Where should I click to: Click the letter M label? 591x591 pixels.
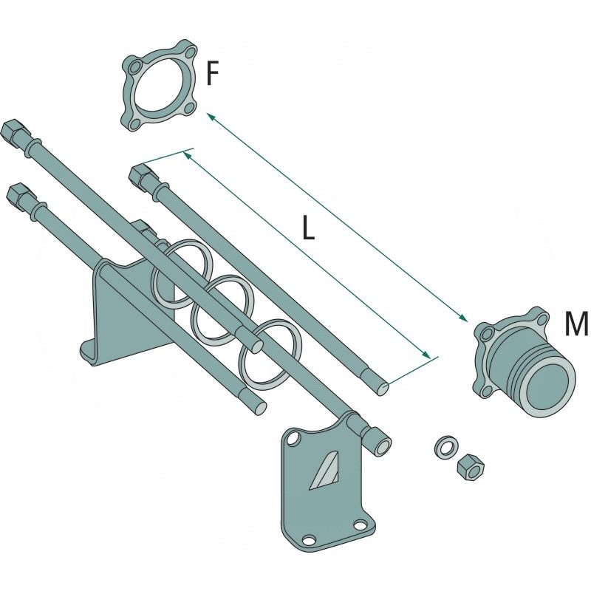click(x=575, y=324)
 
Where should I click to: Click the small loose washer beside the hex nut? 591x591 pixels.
click(x=445, y=447)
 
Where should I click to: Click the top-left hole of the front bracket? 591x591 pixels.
click(x=295, y=440)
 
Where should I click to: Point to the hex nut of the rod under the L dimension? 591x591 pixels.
click(x=140, y=177)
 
